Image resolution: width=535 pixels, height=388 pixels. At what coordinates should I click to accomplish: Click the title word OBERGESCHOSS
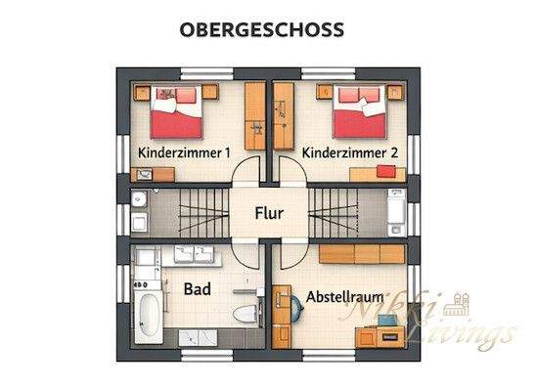pos(261,29)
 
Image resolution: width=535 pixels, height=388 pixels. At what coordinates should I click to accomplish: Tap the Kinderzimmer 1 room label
pos(184,153)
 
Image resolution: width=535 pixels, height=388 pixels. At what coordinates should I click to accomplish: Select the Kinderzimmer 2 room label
pos(349,153)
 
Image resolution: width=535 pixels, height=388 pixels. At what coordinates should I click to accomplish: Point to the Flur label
pos(270,212)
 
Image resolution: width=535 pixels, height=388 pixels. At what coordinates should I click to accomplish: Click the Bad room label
pos(199,289)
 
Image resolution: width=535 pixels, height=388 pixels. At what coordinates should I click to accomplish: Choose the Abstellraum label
pos(345,295)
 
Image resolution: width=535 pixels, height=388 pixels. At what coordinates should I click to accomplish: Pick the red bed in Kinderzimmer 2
pos(358,112)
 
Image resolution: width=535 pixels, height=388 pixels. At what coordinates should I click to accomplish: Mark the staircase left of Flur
pos(191,211)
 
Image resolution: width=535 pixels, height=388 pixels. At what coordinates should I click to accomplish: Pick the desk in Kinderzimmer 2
pos(377,174)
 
